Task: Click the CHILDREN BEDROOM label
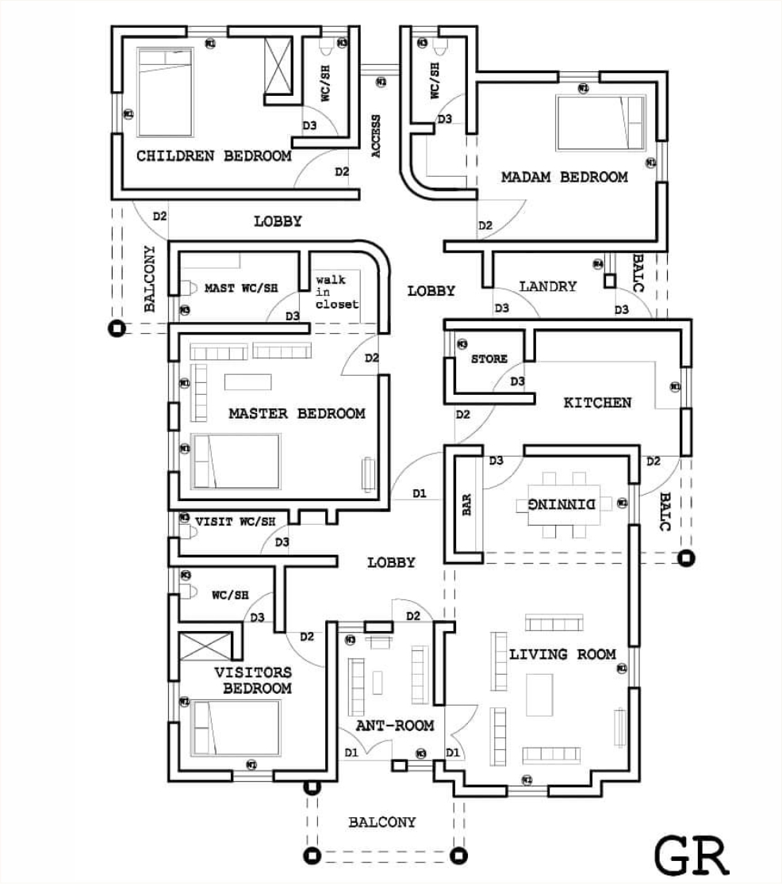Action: [x=213, y=156]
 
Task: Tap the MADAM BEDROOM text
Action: [x=564, y=178]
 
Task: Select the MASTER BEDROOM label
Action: [x=297, y=414]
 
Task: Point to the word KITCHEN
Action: [x=597, y=403]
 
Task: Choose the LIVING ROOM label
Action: [x=562, y=655]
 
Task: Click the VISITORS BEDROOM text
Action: [x=252, y=680]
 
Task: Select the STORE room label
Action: [x=489, y=359]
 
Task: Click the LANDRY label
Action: [x=548, y=286]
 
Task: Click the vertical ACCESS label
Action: [x=376, y=136]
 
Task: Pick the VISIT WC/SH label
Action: [x=235, y=522]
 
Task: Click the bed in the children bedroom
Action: [x=165, y=92]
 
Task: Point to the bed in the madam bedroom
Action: [x=600, y=122]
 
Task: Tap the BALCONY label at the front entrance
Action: [x=381, y=823]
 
